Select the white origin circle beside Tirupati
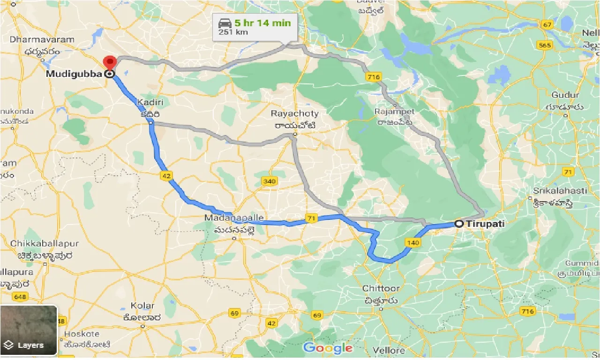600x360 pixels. click(x=459, y=224)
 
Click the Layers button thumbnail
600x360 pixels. click(x=29, y=330)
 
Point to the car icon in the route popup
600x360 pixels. click(x=224, y=23)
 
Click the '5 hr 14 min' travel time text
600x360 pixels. click(x=262, y=23)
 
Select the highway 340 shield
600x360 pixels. click(x=269, y=181)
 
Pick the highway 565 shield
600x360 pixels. click(x=545, y=45)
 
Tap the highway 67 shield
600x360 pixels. click(x=547, y=25)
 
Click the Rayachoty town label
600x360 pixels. click(x=294, y=113)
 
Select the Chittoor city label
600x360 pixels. click(x=380, y=288)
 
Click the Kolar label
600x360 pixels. click(x=142, y=306)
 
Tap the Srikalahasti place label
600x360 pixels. click(x=560, y=191)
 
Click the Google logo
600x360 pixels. click(x=328, y=347)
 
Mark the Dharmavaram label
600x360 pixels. click(x=42, y=40)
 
